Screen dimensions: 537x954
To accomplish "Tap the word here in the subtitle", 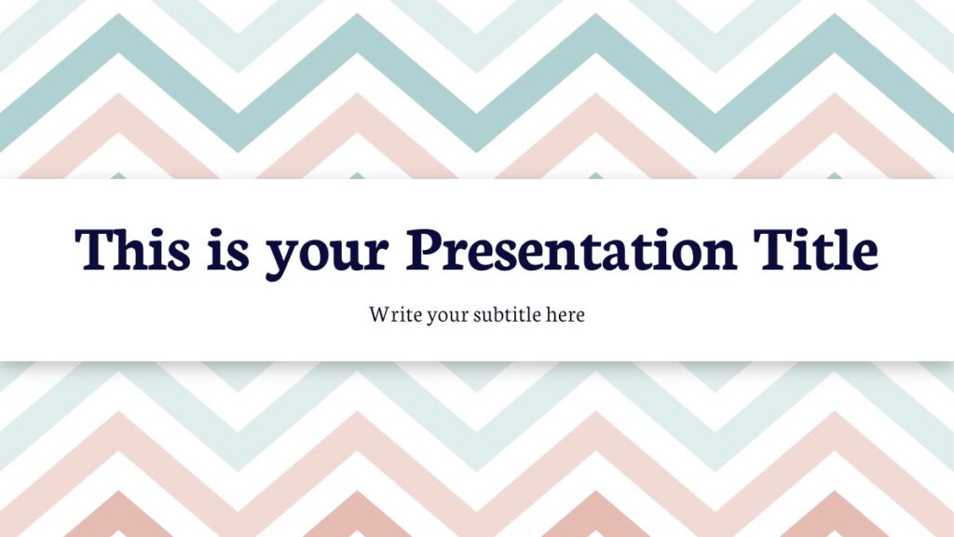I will (566, 314).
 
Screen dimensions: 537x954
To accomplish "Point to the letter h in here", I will (552, 314).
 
